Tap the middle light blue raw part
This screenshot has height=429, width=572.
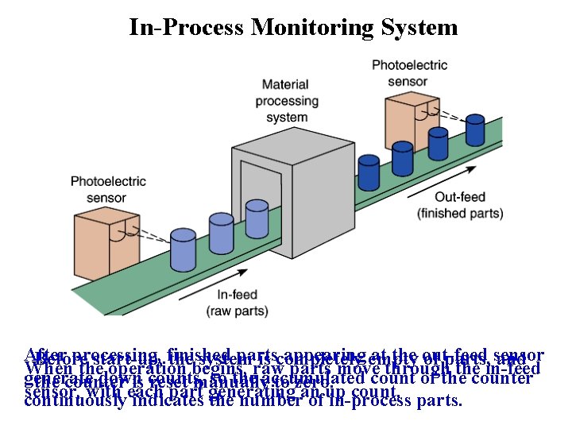click(222, 233)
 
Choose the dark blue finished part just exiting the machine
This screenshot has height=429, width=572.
click(368, 172)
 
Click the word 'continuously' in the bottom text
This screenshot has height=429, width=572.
click(76, 401)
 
